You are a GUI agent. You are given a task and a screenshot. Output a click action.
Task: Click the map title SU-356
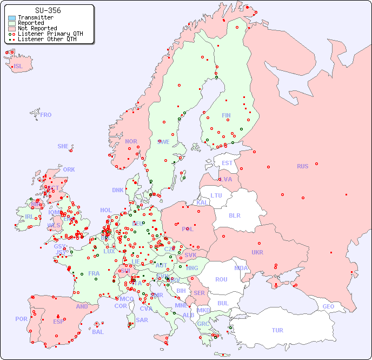pos(48,10)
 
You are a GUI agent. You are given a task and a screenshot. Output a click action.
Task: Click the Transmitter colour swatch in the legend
pos(12,18)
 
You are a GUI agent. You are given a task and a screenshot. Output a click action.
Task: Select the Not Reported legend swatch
pos(12,28)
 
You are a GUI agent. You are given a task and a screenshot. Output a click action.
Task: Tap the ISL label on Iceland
pos(18,67)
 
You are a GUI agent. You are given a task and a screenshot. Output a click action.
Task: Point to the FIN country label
pos(226,115)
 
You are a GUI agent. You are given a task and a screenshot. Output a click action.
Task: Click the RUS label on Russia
pos(302,166)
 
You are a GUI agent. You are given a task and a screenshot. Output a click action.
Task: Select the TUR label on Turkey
pos(277,330)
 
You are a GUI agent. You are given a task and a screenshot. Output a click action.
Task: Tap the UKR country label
pos(257,252)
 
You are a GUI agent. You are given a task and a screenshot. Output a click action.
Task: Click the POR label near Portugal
pos(21,319)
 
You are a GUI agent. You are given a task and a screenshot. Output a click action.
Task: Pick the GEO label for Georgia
pos(328,306)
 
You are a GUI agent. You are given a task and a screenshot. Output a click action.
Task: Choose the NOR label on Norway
pos(131,141)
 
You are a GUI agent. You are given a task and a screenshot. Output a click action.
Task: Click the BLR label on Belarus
pos(234,215)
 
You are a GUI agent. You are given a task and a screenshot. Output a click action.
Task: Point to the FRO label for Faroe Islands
pos(46,115)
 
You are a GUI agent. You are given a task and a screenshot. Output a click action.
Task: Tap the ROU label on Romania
pos(221,279)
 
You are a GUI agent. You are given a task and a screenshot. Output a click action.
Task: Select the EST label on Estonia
pos(227,163)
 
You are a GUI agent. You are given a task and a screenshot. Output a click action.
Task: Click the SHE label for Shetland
pos(63,146)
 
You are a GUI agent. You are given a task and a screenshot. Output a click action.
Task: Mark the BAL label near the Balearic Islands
pos(98,332)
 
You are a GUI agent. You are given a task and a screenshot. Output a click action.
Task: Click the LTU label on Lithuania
pos(216,195)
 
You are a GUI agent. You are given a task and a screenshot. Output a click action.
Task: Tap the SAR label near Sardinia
pos(142,320)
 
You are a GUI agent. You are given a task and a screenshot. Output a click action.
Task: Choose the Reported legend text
pos(31,23)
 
